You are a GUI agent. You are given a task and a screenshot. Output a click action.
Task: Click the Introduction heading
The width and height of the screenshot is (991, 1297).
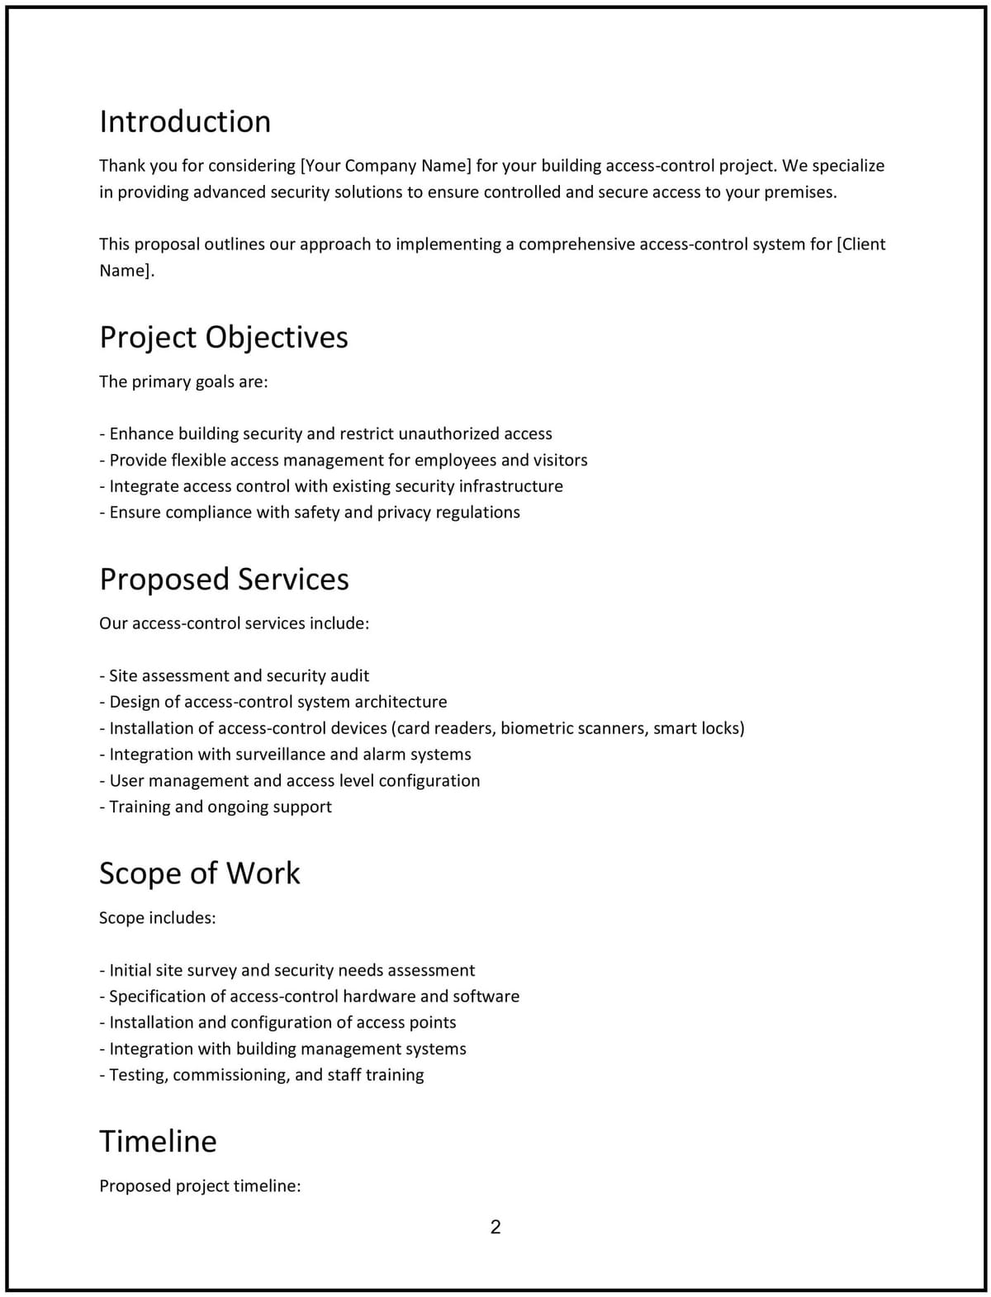tap(185, 121)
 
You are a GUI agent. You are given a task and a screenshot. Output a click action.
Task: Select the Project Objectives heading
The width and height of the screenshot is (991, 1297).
tap(224, 337)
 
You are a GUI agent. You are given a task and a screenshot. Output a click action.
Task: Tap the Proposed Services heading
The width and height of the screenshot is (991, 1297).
tap(224, 579)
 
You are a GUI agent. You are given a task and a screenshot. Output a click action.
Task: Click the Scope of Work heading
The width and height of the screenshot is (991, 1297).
tap(200, 873)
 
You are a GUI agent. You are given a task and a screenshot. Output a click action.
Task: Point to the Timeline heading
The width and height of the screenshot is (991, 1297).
tap(158, 1141)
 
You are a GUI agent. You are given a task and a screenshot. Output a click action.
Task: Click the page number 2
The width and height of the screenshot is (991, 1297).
tap(495, 1227)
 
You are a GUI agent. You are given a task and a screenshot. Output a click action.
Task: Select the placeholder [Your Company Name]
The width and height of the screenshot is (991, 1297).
tap(386, 165)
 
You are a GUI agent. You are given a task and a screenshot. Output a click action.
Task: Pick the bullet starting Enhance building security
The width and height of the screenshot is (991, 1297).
tap(325, 433)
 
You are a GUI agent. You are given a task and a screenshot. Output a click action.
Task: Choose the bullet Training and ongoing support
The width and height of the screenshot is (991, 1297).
tap(216, 807)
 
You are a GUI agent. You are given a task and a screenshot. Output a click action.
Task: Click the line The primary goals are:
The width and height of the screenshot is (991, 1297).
tap(183, 381)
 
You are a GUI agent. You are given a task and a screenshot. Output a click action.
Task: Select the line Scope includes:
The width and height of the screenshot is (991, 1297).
tap(157, 918)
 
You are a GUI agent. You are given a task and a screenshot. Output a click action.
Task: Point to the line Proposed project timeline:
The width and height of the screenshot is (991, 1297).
tap(200, 1186)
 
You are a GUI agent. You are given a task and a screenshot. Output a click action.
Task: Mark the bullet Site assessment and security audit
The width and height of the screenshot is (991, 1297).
tap(235, 675)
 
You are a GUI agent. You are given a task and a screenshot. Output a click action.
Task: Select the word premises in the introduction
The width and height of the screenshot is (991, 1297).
tap(799, 192)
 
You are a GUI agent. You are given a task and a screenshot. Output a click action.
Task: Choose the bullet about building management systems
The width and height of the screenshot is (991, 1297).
tap(282, 1048)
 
